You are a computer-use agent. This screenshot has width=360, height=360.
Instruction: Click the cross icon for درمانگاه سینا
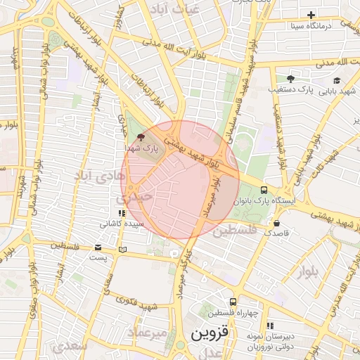[x=311, y=15]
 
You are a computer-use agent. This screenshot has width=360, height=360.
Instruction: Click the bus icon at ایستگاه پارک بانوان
[x=264, y=190]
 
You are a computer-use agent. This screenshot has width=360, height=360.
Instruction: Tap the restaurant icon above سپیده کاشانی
[x=122, y=213]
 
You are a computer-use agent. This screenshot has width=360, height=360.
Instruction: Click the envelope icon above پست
[x=98, y=247]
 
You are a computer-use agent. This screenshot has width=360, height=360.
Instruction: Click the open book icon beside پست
[x=123, y=250]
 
